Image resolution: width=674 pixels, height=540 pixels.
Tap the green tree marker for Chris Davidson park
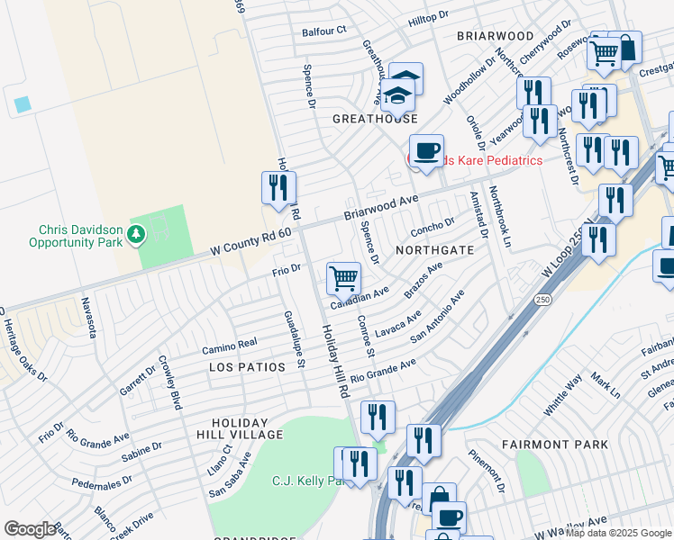point(136,235)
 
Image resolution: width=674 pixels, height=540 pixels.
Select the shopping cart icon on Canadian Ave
point(343,278)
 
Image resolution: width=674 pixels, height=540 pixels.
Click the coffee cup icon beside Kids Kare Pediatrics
point(426,149)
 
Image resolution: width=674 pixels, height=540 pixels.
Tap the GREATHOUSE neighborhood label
point(375,119)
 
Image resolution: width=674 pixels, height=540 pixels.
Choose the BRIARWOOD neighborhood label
point(495,35)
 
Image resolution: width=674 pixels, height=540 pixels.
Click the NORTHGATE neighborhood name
point(433,251)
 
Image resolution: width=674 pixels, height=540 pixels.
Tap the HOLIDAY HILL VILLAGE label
point(247,428)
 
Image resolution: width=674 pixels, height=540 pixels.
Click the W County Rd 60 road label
point(251,239)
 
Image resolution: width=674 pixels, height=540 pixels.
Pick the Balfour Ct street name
point(324,31)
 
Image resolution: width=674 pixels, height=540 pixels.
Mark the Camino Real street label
point(229,346)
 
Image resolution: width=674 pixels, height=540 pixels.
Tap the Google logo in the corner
point(30,529)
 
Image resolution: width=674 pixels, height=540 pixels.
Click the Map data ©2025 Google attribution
point(618,533)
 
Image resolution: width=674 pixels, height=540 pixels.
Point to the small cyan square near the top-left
point(22,103)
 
